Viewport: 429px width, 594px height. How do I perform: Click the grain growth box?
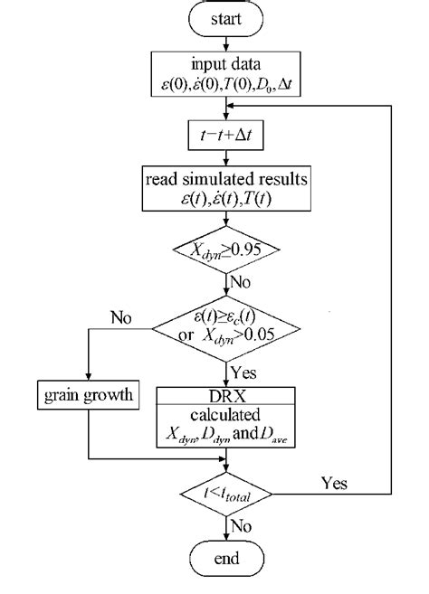pyautogui.click(x=88, y=395)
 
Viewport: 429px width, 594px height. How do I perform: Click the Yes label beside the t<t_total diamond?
pyautogui.click(x=333, y=482)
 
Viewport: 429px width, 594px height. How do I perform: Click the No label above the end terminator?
pyautogui.click(x=243, y=526)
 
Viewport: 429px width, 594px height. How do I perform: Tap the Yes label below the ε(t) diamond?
pyautogui.click(x=244, y=372)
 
